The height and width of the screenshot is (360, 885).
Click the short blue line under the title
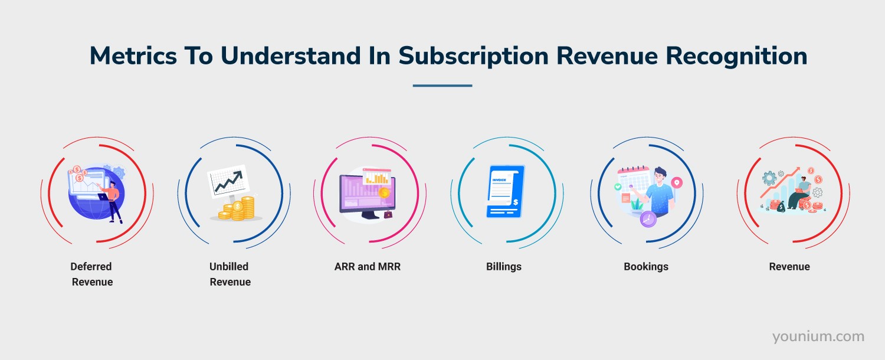click(x=442, y=86)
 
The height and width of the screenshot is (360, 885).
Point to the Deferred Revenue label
click(x=91, y=274)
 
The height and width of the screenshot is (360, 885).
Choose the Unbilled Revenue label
click(x=230, y=274)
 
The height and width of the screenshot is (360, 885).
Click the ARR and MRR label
click(x=367, y=267)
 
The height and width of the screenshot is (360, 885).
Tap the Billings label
click(x=503, y=267)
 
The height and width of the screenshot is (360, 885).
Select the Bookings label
click(x=645, y=267)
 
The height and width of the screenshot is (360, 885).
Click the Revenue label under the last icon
click(x=789, y=267)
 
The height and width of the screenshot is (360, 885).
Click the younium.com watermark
click(x=818, y=336)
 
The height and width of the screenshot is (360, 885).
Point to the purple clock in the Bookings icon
click(x=648, y=219)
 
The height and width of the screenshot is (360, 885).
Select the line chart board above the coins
click(x=228, y=181)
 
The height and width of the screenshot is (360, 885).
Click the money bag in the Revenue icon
click(x=781, y=206)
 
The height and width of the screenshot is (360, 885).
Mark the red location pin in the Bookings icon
click(x=676, y=183)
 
